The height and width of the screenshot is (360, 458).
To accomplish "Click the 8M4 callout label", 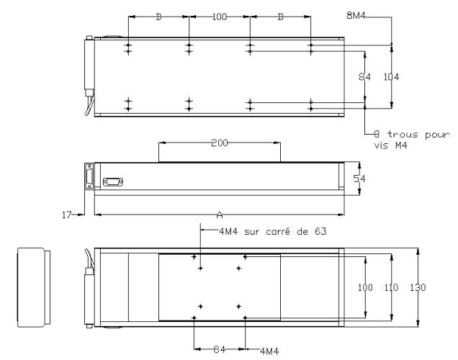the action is (356, 15).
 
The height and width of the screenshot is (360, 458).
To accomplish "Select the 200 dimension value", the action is (220, 143).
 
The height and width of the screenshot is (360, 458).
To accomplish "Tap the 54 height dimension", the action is (359, 179).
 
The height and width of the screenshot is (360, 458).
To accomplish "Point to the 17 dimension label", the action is (66, 215).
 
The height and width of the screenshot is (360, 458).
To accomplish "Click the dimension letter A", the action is (220, 215).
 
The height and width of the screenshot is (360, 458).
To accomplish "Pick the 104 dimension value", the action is (391, 77).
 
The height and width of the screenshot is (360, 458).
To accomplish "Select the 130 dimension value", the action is (418, 287).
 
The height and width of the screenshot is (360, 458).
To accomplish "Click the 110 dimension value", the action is (391, 287).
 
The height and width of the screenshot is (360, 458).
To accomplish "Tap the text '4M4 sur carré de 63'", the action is (272, 232).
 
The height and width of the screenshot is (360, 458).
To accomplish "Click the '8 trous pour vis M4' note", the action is (412, 140).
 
